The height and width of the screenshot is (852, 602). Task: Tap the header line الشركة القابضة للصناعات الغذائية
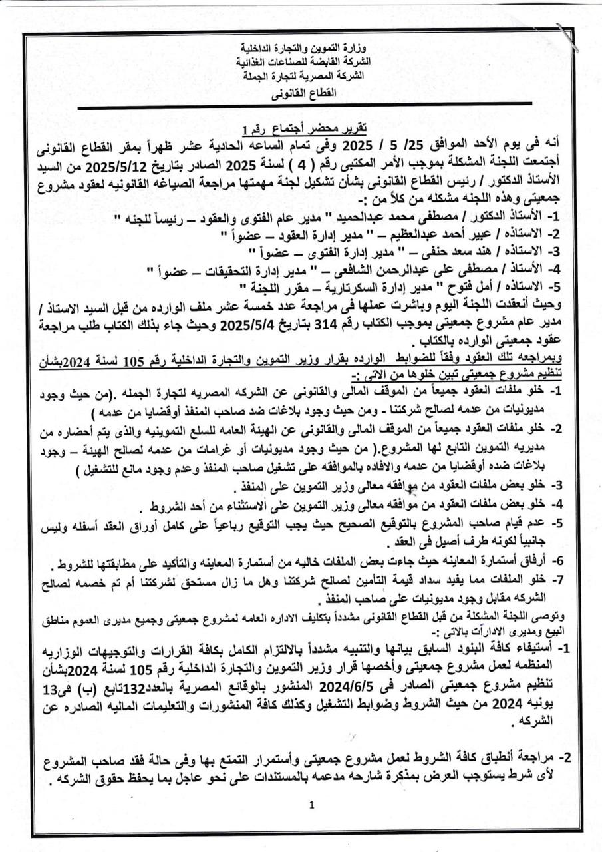click(305, 62)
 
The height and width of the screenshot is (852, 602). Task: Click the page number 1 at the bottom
click(311, 805)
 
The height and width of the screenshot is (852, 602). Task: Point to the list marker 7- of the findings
click(559, 578)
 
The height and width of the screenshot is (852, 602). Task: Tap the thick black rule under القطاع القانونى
click(305, 103)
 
